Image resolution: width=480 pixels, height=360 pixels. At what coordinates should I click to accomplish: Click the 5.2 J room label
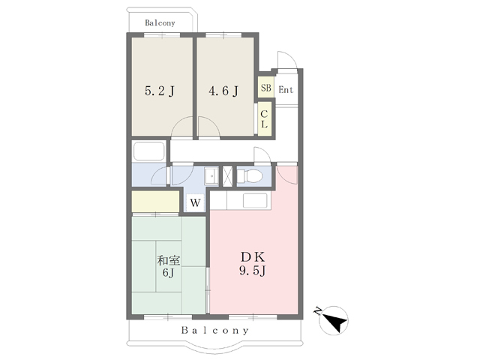coord(160,91)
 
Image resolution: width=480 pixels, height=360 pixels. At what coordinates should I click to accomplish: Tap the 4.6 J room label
coord(223,91)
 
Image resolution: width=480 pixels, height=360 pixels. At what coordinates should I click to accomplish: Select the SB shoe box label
coord(266,88)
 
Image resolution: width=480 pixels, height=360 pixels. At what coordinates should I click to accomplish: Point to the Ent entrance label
coord(286,90)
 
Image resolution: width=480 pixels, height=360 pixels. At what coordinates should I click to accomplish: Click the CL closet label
coord(264,119)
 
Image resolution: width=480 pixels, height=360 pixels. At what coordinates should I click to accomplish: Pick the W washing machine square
coord(195,202)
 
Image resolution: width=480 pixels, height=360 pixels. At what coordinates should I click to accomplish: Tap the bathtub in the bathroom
coord(149,151)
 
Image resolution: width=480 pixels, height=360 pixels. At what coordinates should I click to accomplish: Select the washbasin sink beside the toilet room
coord(211,175)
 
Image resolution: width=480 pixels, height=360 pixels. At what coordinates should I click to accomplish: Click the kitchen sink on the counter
coord(255,200)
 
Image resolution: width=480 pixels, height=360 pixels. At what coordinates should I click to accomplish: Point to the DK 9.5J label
coord(253,264)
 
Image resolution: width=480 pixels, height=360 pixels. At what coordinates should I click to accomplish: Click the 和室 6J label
coord(168,266)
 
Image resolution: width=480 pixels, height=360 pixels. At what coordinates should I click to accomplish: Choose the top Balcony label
coord(160,23)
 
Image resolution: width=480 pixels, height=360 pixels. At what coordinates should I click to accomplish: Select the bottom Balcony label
coord(215,330)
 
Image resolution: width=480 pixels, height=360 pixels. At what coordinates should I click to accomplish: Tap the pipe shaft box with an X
coord(227,176)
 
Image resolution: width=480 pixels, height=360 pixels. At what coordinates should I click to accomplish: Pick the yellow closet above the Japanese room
coord(155,201)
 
